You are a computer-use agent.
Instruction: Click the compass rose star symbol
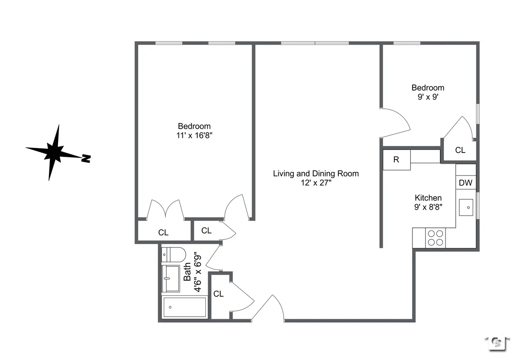54,152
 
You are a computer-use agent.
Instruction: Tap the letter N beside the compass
86,159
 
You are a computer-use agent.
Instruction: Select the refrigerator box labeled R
396,159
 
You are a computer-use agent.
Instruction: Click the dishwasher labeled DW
465,183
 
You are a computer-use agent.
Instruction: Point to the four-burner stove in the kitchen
435,238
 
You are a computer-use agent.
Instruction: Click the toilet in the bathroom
173,254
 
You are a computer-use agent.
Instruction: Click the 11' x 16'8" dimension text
195,136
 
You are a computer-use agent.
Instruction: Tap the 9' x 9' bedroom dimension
428,97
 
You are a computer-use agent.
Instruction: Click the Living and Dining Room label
315,174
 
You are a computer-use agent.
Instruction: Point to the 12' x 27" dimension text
315,183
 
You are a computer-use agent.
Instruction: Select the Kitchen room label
428,198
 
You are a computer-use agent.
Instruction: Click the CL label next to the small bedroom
460,150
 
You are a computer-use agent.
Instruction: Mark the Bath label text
187,272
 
